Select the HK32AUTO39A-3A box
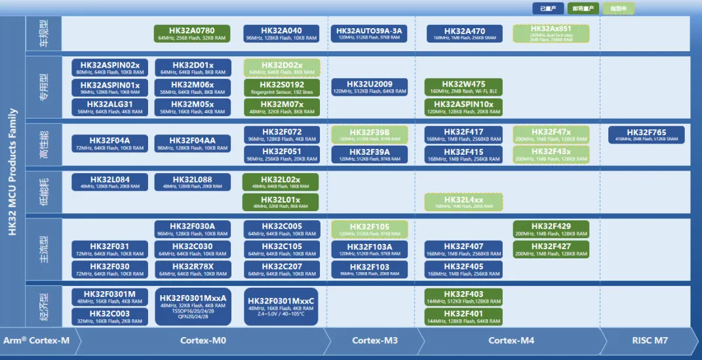(x=370, y=33)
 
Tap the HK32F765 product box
(x=646, y=135)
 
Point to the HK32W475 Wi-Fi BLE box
(x=463, y=87)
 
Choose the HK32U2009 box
(x=370, y=87)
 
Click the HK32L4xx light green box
(x=463, y=202)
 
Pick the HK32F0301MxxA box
(x=193, y=306)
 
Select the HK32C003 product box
(x=109, y=317)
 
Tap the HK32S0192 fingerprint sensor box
(x=282, y=87)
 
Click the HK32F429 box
(x=551, y=230)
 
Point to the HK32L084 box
(x=109, y=182)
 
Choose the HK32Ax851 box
(x=551, y=33)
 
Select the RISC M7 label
(x=650, y=340)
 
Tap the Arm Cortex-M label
(x=36, y=340)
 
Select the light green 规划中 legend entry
(x=618, y=9)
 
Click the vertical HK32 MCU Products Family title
(x=12, y=180)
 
